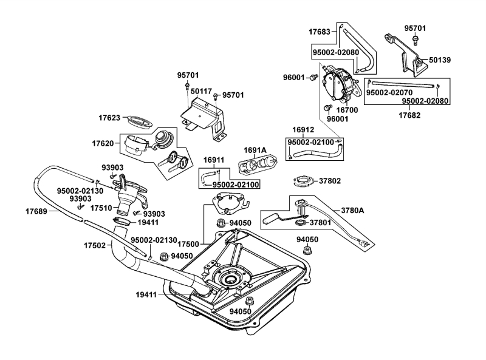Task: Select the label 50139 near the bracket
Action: [x=440, y=60]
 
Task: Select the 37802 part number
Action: [x=331, y=181]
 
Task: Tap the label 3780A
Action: [x=352, y=211]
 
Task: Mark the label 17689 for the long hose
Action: [x=38, y=211]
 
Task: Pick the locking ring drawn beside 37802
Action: [x=302, y=181]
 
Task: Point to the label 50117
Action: [x=201, y=92]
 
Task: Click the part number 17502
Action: [x=95, y=246]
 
